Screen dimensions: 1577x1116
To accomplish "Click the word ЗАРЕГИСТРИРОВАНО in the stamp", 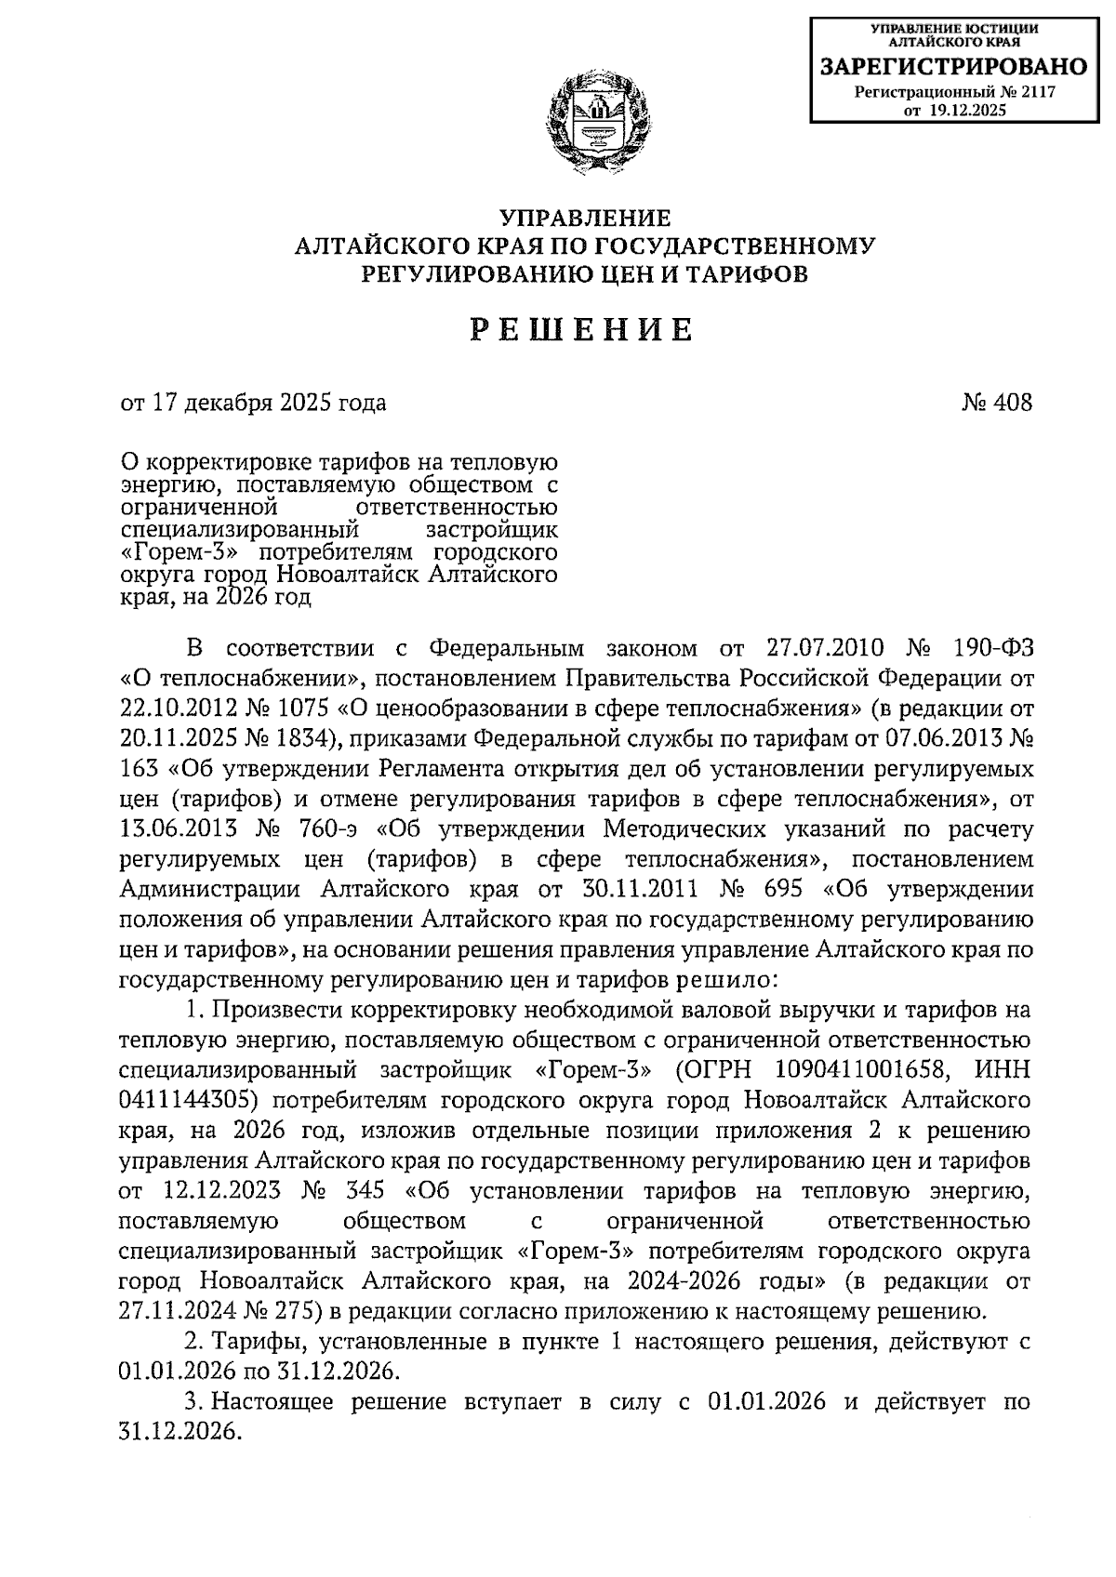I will point(953,67).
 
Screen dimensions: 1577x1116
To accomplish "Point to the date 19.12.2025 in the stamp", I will point(967,110).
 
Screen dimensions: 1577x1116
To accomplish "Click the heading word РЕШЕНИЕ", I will point(582,331).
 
